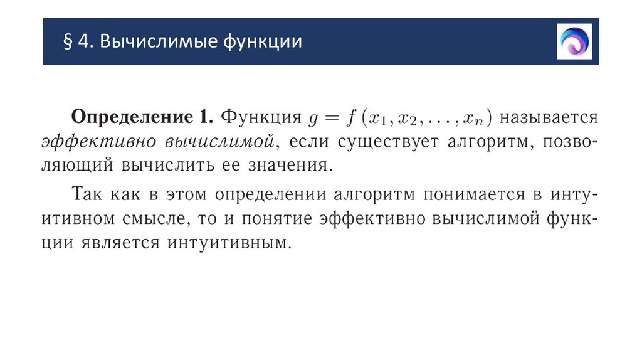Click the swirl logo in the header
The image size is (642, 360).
(574, 41)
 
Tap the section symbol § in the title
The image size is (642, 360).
(67, 42)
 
